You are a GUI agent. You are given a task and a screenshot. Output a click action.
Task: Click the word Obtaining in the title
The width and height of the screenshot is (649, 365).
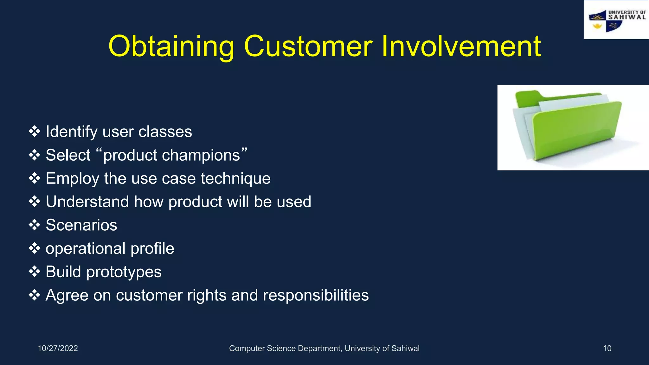[171, 47]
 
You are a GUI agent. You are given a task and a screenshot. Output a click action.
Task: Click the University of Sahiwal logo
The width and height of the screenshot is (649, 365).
[616, 20]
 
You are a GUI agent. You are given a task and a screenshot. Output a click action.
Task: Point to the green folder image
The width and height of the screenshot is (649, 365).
[567, 127]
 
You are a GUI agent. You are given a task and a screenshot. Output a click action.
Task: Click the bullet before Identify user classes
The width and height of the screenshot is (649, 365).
[34, 131]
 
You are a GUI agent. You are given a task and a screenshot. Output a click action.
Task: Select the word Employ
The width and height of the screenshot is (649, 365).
[72, 178]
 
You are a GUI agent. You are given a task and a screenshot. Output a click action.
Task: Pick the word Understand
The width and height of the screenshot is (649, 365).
[87, 202]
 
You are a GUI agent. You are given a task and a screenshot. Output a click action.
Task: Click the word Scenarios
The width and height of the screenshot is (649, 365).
[81, 225]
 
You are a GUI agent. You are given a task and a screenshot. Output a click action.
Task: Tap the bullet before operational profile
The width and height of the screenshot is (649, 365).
[34, 248]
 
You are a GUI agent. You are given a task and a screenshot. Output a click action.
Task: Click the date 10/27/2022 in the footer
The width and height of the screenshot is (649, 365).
[58, 349]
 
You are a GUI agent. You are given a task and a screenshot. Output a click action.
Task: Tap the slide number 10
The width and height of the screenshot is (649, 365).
[607, 349]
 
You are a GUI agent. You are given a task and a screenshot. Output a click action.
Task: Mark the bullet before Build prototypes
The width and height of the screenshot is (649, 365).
[34, 272]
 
